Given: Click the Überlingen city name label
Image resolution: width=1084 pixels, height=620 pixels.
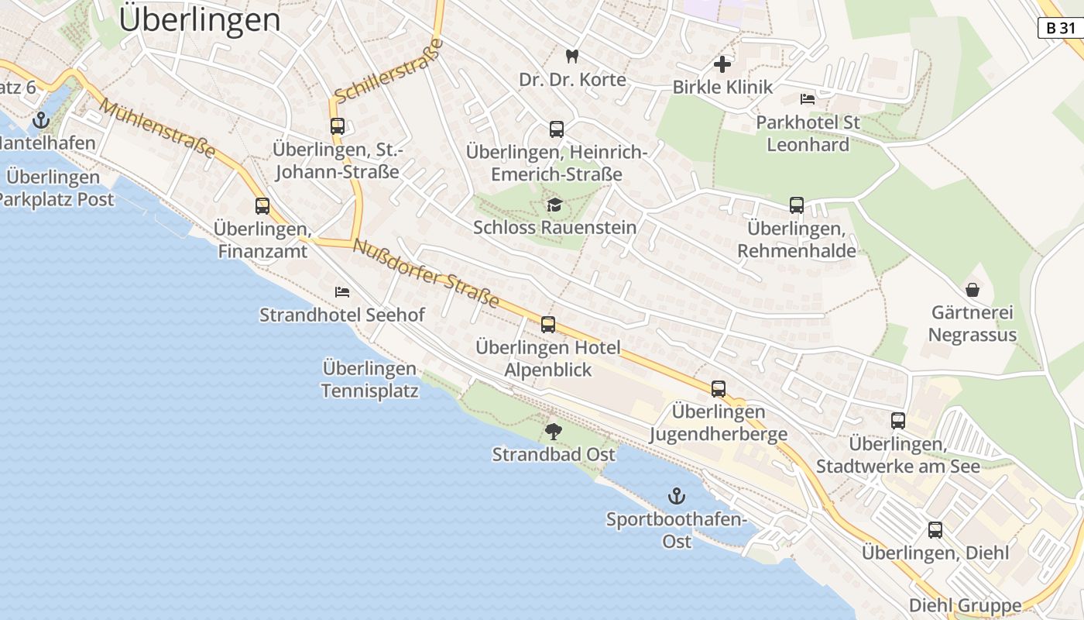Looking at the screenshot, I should pos(200,20).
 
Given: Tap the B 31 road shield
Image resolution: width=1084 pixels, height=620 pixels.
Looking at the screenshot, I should pos(1060,28).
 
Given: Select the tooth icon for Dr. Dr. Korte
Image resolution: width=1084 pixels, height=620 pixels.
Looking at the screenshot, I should pos(572,56).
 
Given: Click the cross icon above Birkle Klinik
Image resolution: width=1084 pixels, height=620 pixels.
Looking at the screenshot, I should pos(722,64).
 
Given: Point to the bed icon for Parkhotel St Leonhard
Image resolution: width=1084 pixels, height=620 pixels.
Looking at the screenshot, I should pos(808,99).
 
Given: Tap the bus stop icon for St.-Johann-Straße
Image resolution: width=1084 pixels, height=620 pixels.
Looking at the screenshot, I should pos(338,126).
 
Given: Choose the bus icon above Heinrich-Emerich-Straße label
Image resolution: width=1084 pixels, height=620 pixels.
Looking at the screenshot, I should pos(556,129).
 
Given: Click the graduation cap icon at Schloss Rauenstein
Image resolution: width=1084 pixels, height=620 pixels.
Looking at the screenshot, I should pos(554,205).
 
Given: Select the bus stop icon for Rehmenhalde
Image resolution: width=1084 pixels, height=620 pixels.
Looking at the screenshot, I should pos(797,205).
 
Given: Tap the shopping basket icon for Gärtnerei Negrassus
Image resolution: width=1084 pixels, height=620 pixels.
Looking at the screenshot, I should pos(972,290).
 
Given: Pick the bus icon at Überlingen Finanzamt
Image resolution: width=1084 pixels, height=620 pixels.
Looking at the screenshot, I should pos(262,206).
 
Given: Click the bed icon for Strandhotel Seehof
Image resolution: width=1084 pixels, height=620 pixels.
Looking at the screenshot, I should pos(342,292).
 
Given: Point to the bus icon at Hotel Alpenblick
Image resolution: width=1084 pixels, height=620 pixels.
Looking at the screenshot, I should pos(548,325).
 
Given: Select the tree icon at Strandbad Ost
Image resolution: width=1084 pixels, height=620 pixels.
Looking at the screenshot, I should pos(554,431).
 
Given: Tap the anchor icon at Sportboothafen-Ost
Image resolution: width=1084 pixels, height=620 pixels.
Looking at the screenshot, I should pos(677,496).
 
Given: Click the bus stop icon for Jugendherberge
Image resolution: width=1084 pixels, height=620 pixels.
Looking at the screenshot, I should pos(719,389).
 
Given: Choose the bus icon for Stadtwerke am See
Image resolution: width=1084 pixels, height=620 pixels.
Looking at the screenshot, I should pos(898,421).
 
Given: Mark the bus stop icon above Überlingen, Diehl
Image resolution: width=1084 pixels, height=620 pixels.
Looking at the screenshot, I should pos(935,530).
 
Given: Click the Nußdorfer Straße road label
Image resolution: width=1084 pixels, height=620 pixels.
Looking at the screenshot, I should pos(426,274).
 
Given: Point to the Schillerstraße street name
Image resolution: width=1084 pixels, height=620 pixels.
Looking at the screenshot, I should pos(389,71).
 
